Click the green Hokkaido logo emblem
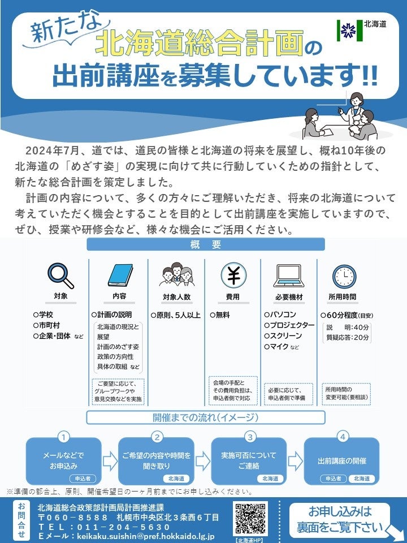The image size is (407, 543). [346, 29]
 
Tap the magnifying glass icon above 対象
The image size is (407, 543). [60, 275]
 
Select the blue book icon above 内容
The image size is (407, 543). [119, 275]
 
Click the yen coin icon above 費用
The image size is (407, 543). [233, 275]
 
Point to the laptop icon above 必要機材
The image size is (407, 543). [289, 275]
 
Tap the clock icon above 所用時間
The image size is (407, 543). [345, 275]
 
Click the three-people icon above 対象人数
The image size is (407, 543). [176, 275]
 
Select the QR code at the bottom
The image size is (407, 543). [250, 519]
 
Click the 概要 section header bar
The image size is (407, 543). [205, 245]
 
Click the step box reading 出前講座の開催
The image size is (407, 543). [341, 460]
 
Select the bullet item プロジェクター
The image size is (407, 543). [289, 325]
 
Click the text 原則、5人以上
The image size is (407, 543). [176, 315]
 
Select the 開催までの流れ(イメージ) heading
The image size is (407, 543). [205, 418]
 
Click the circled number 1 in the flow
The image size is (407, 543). [64, 437]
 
